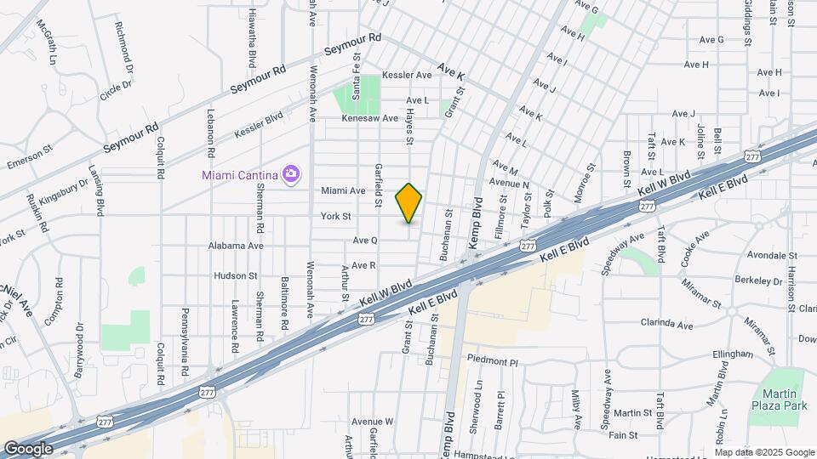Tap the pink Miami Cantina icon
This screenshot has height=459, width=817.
pos(292,174)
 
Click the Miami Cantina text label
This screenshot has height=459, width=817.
pos(240,175)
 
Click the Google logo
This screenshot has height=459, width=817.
pos(28,448)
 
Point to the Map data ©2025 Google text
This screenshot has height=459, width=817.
pos(764,451)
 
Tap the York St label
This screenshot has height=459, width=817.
pos(336,217)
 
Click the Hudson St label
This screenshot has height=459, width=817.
pos(236,275)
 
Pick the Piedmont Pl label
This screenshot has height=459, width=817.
pos(493,361)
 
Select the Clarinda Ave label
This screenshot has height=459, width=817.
pos(668,324)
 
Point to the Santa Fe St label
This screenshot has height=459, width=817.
pos(357,78)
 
